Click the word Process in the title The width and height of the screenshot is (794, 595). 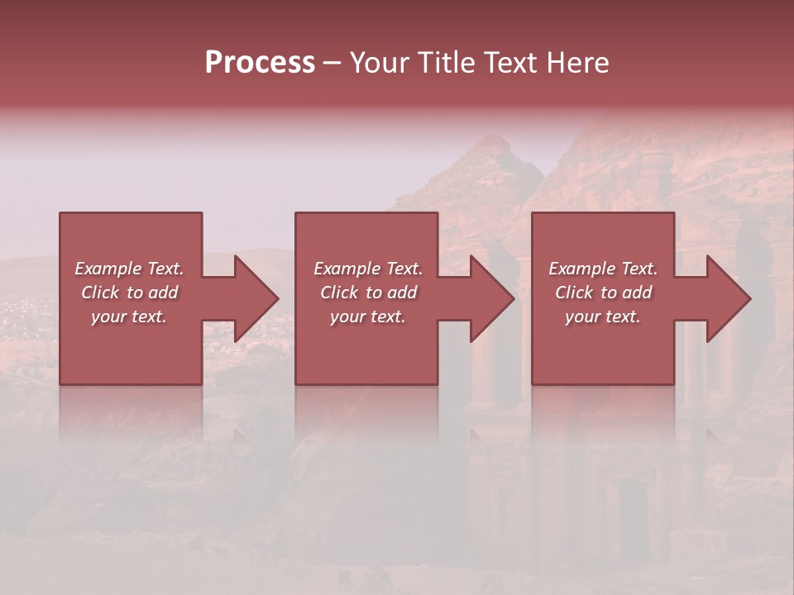click(x=260, y=63)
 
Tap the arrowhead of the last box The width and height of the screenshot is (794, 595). click(x=728, y=298)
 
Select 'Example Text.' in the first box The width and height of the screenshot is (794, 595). click(x=130, y=269)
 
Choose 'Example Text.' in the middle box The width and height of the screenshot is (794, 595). click(x=368, y=269)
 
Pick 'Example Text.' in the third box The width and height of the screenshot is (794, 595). click(x=603, y=269)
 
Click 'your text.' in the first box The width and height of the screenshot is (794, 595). click(x=130, y=317)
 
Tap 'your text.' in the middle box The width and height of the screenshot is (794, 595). click(x=368, y=317)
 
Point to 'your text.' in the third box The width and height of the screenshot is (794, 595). click(x=603, y=317)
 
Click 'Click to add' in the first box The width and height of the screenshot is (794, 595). click(x=130, y=293)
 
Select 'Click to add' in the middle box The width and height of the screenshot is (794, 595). click(x=368, y=293)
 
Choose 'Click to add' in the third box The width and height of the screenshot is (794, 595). click(x=603, y=293)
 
